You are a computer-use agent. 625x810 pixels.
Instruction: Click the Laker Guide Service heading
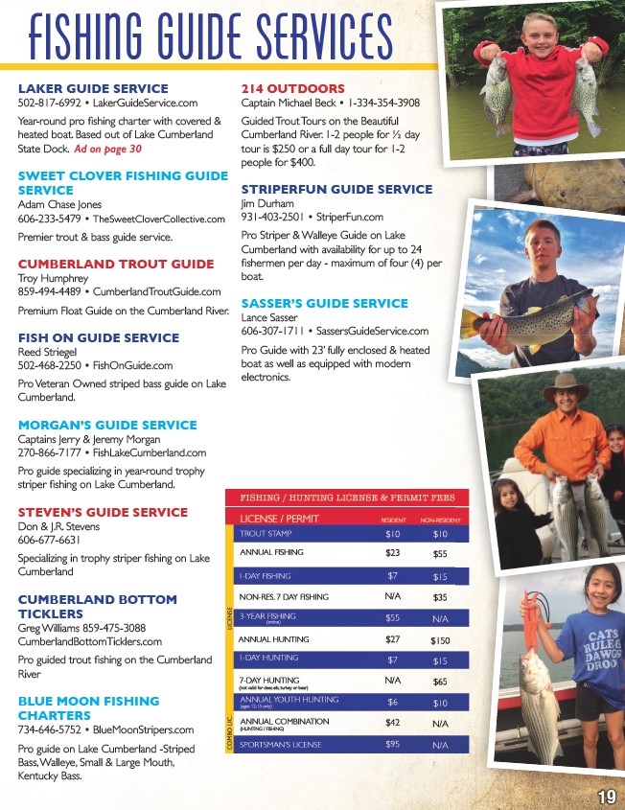[x=93, y=89]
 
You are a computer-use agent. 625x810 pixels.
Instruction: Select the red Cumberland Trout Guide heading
[x=116, y=264]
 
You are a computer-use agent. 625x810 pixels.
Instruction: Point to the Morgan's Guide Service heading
[x=107, y=425]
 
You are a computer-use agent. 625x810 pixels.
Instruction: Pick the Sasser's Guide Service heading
[x=324, y=303]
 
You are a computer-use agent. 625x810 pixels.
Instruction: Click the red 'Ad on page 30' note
[x=108, y=150]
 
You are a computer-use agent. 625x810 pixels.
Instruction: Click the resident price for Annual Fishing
[x=392, y=553]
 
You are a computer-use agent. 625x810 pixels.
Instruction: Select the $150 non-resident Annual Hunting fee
[x=440, y=639]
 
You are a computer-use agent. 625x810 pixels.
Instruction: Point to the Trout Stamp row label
[x=266, y=534]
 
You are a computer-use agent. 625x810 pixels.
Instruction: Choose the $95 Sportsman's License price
[x=392, y=745]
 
